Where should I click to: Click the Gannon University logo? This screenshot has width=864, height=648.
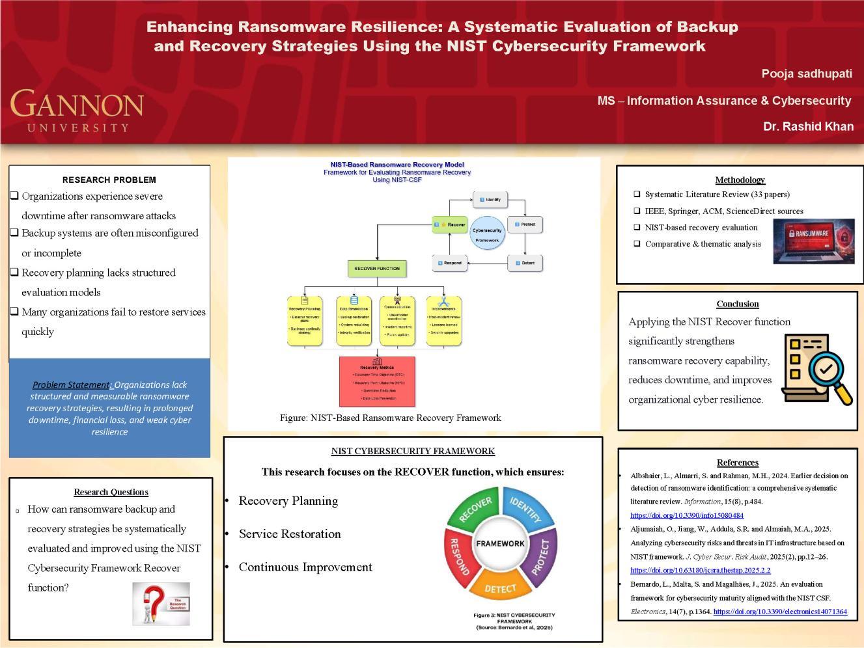77,111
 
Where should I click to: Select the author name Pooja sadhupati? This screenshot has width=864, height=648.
806,74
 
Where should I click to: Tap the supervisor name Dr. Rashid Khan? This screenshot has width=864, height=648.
808,126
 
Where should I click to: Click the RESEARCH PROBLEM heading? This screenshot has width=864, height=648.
109,180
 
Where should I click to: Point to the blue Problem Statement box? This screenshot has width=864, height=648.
109,408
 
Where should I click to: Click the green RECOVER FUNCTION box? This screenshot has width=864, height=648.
377,268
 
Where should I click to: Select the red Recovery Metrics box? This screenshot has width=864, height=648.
377,381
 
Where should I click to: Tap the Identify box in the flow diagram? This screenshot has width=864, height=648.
490,199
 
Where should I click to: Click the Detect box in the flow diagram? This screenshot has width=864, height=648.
525,263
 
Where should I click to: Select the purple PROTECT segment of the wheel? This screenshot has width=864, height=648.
544,557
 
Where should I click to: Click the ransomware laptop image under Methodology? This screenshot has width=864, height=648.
813,241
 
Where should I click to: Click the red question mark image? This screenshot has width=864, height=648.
161,604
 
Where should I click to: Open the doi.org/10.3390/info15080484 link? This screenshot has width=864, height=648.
687,515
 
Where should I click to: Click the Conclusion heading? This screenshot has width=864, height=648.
738,304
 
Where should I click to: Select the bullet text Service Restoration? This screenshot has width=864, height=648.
290,534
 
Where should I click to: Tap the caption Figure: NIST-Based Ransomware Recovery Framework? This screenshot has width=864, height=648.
391,418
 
